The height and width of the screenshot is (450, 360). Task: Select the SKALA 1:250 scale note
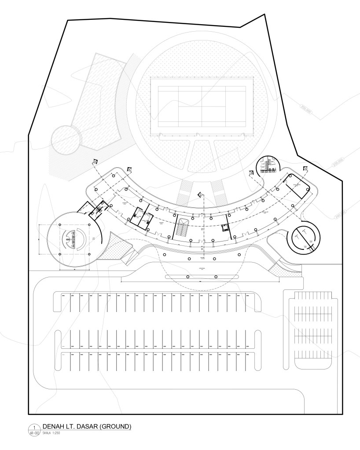[x=51, y=433]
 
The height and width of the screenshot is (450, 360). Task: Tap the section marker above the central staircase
[x=200, y=194]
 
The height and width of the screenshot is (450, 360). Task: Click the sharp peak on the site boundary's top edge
[x=264, y=15]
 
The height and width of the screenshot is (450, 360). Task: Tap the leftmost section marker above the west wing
[x=95, y=161]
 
